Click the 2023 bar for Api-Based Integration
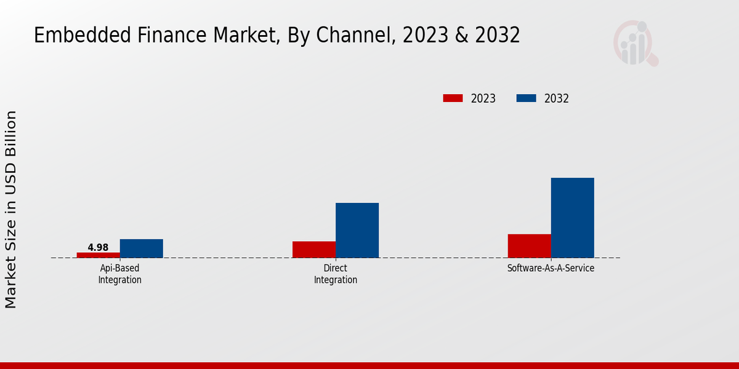(99, 255)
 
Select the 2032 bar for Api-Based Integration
(142, 248)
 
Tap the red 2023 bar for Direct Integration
(314, 249)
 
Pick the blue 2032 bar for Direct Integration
(357, 230)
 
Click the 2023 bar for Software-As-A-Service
(530, 245)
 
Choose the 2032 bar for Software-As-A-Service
(573, 218)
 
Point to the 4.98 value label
(98, 247)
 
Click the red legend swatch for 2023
(453, 98)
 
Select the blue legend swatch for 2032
(526, 98)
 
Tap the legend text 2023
(483, 98)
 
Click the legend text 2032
(557, 98)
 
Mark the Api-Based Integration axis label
(120, 274)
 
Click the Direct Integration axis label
(336, 274)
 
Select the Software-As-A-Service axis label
(551, 269)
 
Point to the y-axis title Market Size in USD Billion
(11, 209)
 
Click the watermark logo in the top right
(635, 43)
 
